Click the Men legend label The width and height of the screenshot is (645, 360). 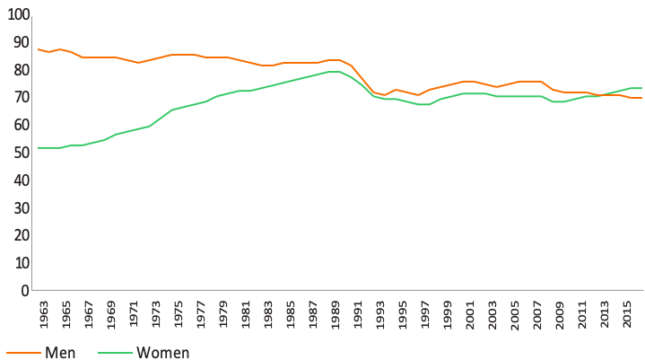(x=60, y=353)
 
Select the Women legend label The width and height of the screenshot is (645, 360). (x=163, y=353)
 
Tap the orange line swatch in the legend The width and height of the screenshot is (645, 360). (x=24, y=353)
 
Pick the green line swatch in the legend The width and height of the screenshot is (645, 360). (x=115, y=353)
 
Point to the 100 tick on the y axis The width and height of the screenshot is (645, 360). (x=19, y=14)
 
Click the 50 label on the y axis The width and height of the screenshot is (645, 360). (x=22, y=153)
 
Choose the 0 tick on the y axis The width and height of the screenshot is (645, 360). (x=25, y=291)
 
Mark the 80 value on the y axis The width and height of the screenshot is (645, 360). (x=22, y=70)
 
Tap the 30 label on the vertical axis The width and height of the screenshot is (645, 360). (x=22, y=207)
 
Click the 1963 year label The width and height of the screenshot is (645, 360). (x=44, y=315)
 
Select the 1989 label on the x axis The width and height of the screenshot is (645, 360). (x=336, y=315)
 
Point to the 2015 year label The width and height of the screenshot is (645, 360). (x=627, y=315)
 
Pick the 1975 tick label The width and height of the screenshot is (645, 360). (x=179, y=315)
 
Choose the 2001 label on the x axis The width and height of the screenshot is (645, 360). (x=470, y=315)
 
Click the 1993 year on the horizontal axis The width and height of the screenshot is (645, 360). (x=380, y=315)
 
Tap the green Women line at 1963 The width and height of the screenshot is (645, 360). (x=39, y=148)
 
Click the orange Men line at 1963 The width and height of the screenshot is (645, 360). (x=39, y=49)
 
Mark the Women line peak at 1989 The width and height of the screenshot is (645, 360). (x=334, y=72)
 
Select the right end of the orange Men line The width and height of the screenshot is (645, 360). (x=641, y=98)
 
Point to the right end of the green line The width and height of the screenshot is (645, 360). (x=641, y=88)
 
